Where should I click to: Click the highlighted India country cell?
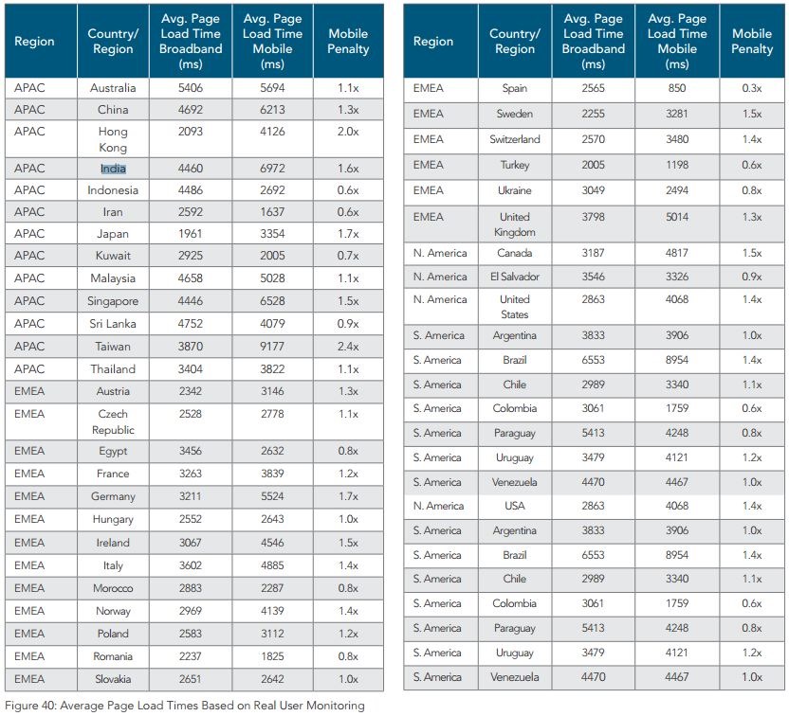(x=114, y=169)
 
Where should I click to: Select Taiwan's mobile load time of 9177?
(x=271, y=347)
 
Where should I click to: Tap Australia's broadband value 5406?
(x=192, y=88)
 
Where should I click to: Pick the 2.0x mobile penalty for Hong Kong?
(x=348, y=132)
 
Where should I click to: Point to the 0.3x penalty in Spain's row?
(x=751, y=88)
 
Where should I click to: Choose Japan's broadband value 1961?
(x=192, y=233)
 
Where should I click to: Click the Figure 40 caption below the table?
(x=184, y=706)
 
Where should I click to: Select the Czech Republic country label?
(x=114, y=421)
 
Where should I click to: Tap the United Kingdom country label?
(x=515, y=224)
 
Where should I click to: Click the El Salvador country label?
(x=515, y=277)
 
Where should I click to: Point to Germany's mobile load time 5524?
(x=271, y=496)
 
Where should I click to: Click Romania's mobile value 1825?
(x=271, y=656)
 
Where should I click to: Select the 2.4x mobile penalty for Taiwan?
(x=348, y=347)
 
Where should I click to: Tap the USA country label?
(x=515, y=506)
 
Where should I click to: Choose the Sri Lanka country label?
(x=114, y=324)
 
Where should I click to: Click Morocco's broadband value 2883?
(x=192, y=588)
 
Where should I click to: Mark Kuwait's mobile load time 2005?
(x=271, y=256)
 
